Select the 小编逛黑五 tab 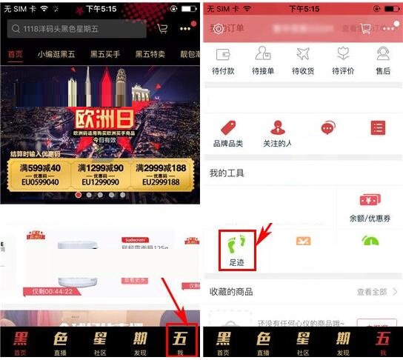(x=56, y=56)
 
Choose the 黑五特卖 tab (x=150, y=56)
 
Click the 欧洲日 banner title (x=101, y=116)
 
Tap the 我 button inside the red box (x=181, y=341)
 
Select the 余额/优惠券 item (x=370, y=207)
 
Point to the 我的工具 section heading (x=227, y=173)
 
